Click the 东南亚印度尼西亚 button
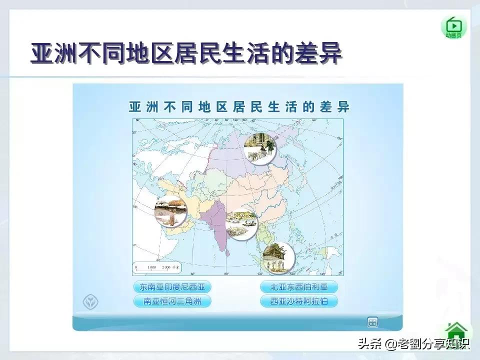[172, 287]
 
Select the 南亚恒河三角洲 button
[172, 301]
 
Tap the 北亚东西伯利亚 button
[299, 287]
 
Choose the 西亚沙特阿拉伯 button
[299, 301]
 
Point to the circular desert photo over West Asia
[170, 212]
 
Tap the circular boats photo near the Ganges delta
[241, 223]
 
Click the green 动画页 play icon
[453, 26]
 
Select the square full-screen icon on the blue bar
[372, 322]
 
